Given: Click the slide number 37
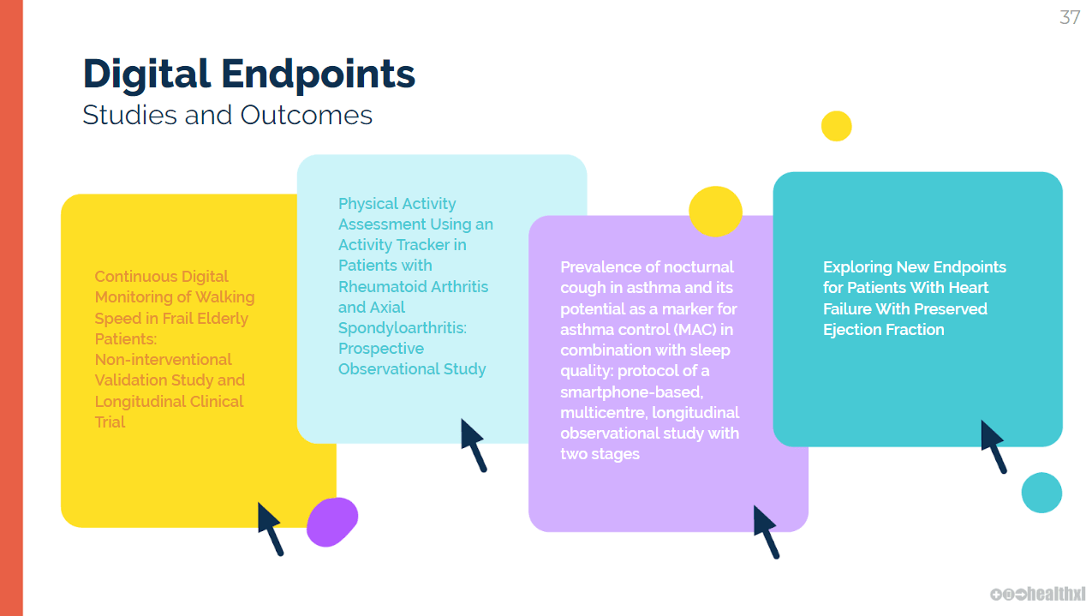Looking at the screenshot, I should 1070,17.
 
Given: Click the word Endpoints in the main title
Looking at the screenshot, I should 319,74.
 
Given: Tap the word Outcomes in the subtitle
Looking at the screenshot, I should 307,115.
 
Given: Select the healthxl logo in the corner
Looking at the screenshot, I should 1038,594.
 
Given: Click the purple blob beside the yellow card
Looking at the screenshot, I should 332,522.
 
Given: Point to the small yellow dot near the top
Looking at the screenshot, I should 836,126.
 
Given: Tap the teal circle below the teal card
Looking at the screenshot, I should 1041,493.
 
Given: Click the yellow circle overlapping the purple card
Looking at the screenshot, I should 715,211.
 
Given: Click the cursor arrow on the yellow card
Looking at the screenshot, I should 271,528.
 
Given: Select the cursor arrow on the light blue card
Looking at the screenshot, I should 474,444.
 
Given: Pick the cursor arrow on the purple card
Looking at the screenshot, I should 767,531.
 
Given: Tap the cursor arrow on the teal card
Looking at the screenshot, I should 994,446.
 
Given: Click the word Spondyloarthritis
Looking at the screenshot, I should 402,327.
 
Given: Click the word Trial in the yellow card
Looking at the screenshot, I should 110,422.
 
